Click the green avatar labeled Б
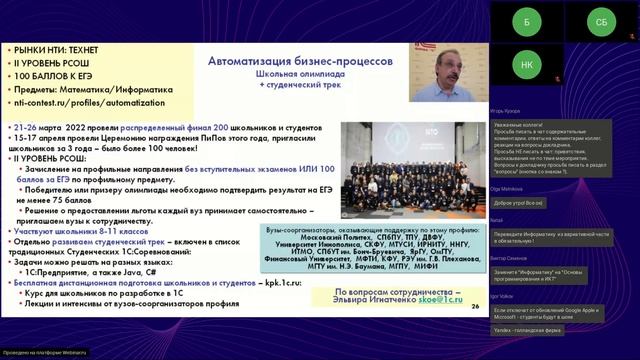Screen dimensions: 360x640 (x=526, y=21)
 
